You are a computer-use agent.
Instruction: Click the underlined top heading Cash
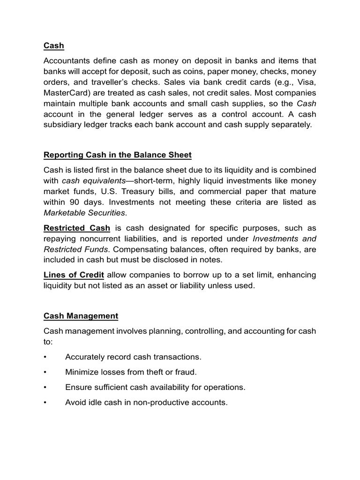pyautogui.click(x=53, y=45)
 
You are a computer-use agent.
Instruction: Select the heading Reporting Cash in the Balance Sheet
pyautogui.click(x=118, y=155)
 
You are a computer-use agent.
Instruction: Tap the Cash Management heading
pyautogui.click(x=81, y=316)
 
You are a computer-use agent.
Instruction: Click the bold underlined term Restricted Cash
pyautogui.click(x=77, y=228)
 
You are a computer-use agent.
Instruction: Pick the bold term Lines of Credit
pyautogui.click(x=74, y=274)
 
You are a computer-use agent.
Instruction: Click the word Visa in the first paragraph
pyautogui.click(x=305, y=82)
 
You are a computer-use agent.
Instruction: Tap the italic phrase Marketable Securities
pyautogui.click(x=85, y=212)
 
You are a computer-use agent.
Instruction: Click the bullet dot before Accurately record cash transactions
pyautogui.click(x=45, y=357)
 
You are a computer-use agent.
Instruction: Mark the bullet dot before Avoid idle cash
pyautogui.click(x=45, y=402)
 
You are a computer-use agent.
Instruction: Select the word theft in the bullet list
pyautogui.click(x=151, y=372)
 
